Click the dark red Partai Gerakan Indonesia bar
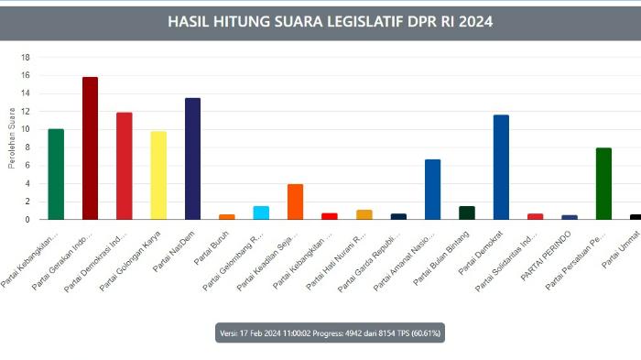coord(90,148)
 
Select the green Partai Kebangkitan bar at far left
coord(56,174)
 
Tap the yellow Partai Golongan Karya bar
coord(158,176)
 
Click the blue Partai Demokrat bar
coord(501,167)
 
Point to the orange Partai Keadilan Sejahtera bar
coord(295,202)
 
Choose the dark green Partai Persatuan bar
coord(603,183)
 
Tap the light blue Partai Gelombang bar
coord(261,213)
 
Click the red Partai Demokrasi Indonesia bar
coord(125,166)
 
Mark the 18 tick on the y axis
coord(27,57)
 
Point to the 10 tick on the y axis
coord(27,129)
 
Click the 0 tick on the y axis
coord(28,220)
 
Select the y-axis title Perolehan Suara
coord(12,137)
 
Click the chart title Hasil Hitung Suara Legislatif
coord(331,20)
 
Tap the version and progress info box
coord(330,333)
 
